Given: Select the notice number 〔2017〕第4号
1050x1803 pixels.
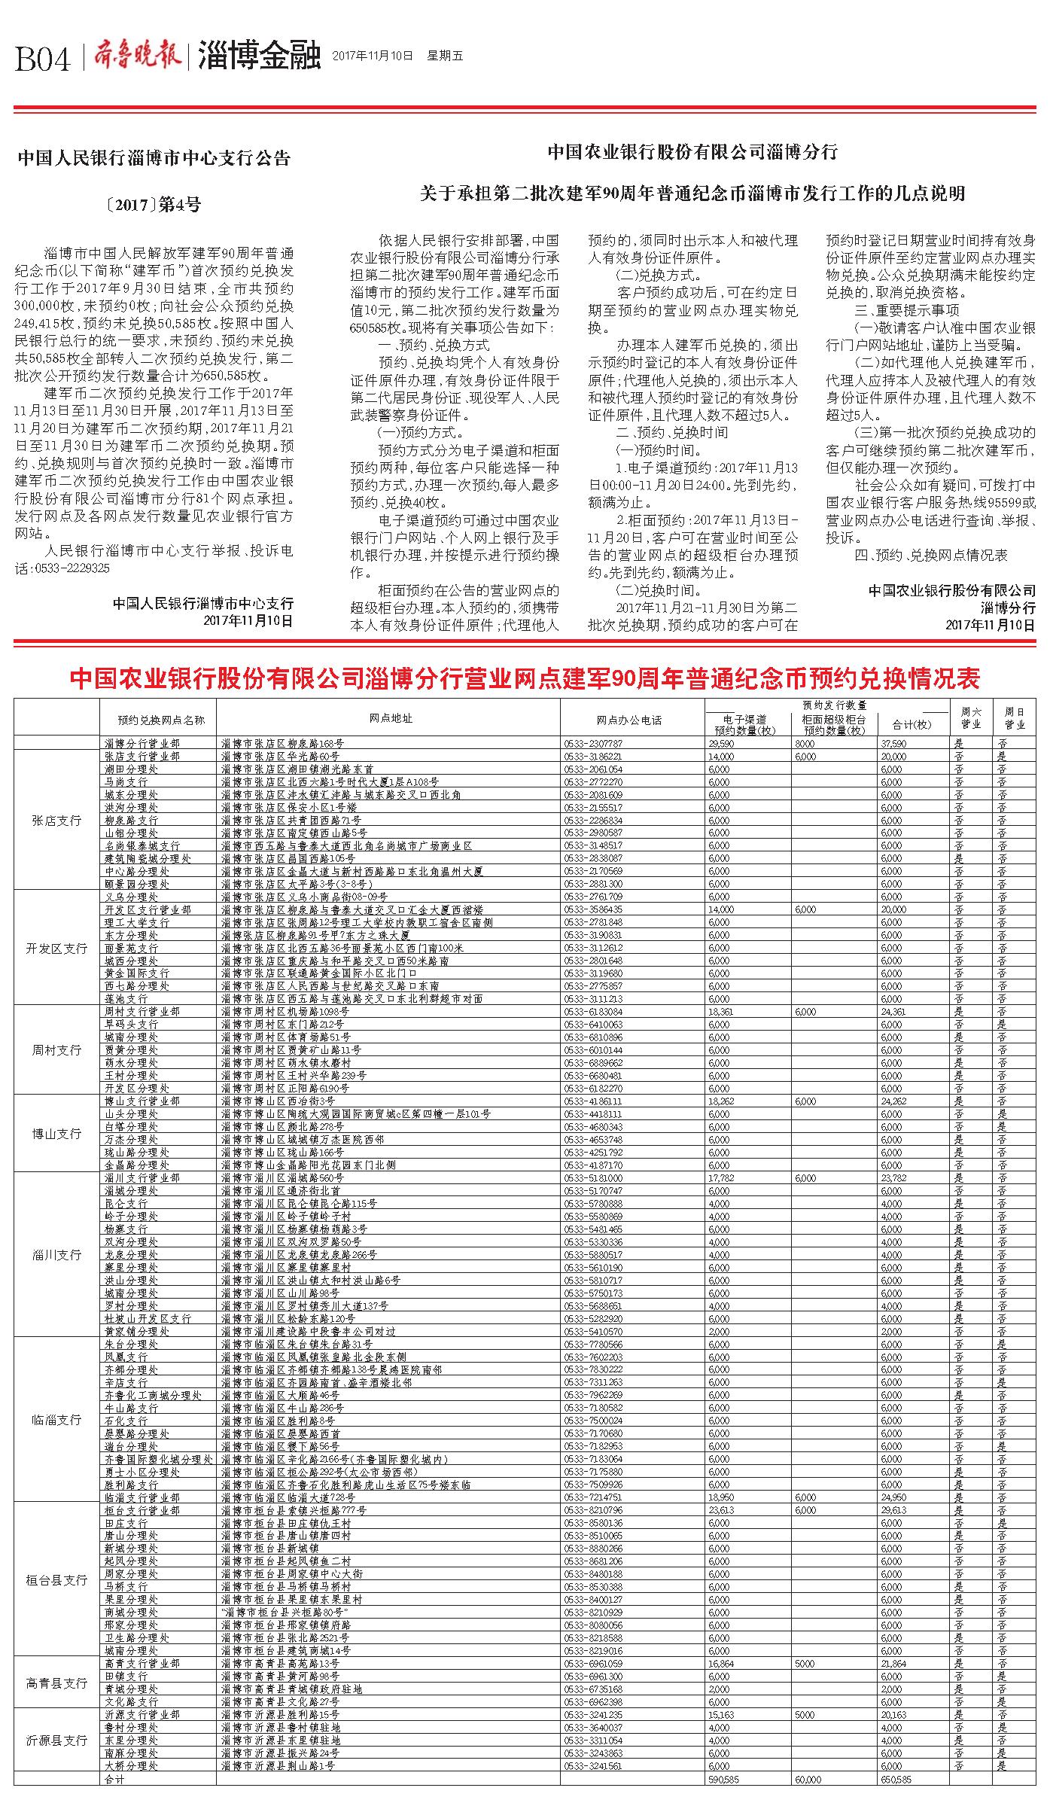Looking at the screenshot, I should point(154,204).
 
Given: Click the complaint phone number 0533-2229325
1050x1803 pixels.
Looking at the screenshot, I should point(72,568).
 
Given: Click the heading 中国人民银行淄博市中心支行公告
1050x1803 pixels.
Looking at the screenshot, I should point(154,159).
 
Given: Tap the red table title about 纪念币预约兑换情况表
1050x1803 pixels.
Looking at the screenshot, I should point(525,679).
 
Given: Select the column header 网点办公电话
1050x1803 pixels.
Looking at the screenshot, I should point(628,720).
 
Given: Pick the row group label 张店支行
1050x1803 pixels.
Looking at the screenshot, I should point(56,820).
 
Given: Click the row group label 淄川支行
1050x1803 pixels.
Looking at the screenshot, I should point(56,1255).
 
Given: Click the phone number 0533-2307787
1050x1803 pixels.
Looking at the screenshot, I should point(592,743).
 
